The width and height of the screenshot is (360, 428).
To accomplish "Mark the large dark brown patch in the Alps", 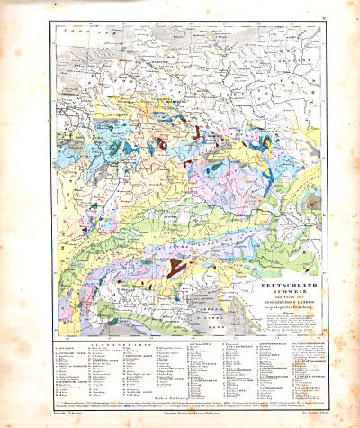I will [176, 267].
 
